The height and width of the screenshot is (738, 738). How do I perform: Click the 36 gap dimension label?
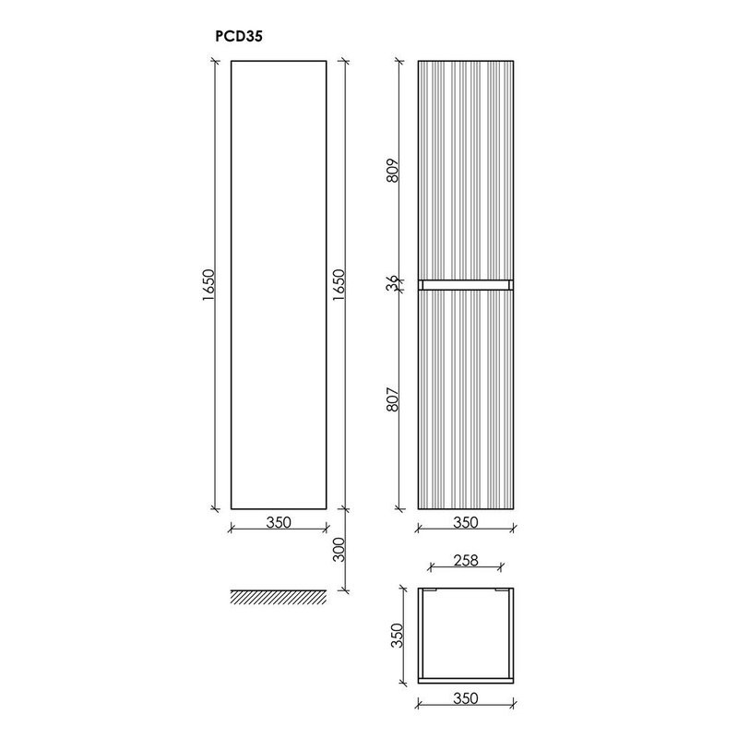[x=393, y=284]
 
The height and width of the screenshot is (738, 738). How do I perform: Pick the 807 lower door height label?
[x=393, y=398]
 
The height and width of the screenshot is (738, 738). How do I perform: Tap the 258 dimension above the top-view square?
[x=466, y=559]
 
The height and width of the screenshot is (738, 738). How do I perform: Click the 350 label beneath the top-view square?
[x=466, y=698]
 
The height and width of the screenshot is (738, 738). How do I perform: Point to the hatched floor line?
[x=278, y=597]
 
